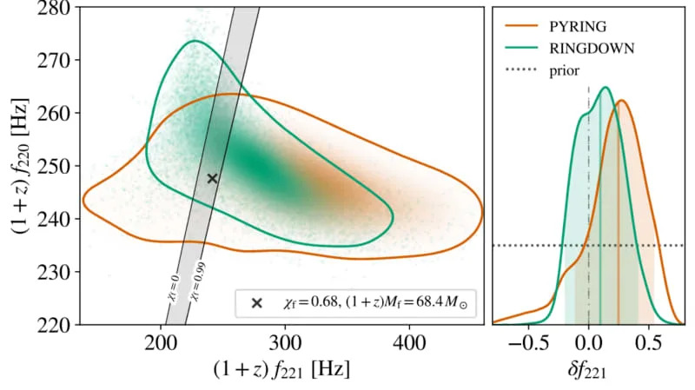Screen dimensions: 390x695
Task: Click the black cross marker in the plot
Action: point(212,178)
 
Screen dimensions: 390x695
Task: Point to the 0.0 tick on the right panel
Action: point(588,341)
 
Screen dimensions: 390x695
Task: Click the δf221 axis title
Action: point(588,371)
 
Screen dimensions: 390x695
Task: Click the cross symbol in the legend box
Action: point(256,303)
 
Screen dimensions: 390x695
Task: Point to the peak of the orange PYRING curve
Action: point(620,101)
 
